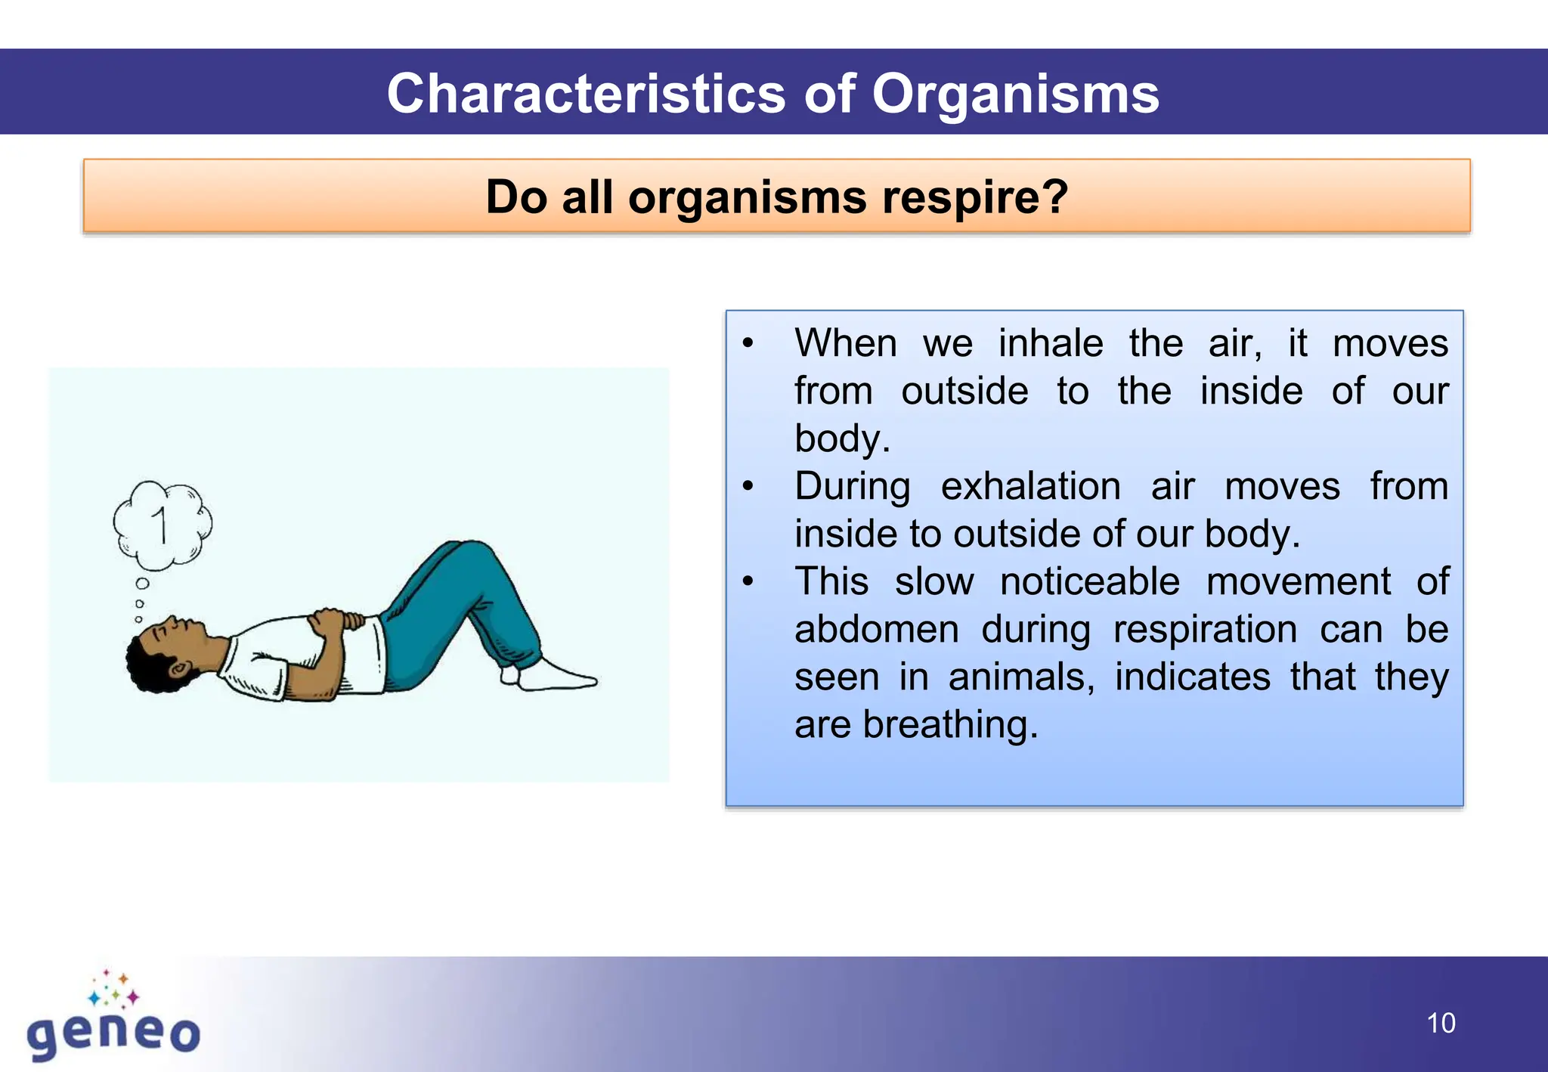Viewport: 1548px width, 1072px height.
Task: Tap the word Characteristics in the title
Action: [587, 94]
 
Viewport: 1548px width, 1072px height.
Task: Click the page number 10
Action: [1441, 1023]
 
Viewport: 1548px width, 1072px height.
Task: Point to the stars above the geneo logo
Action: [113, 989]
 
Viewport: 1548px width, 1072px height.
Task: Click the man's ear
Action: [178, 670]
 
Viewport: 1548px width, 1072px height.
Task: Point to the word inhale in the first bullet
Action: [1051, 343]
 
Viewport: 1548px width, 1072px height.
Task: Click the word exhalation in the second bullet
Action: [1030, 486]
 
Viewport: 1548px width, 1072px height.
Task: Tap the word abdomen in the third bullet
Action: [876, 629]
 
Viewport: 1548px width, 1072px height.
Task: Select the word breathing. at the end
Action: [950, 724]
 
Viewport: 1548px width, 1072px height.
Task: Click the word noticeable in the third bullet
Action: [1089, 581]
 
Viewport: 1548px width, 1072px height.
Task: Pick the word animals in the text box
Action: [1020, 677]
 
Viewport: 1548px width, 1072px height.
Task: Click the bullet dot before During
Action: [748, 486]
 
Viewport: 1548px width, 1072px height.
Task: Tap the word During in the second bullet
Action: [852, 486]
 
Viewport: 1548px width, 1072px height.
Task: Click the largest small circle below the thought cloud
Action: [142, 584]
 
